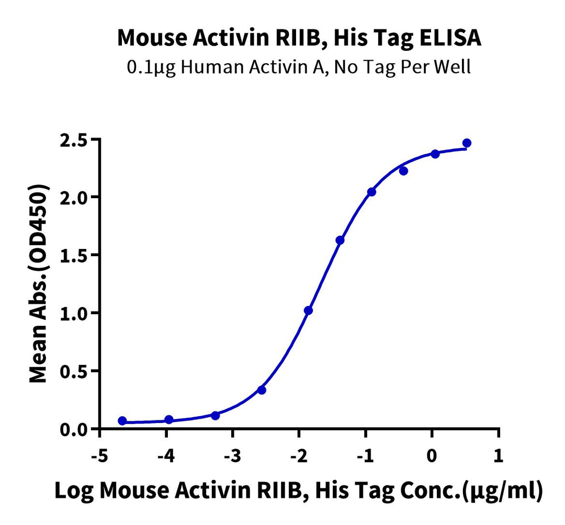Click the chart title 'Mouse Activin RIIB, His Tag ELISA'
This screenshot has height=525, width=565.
tap(299, 38)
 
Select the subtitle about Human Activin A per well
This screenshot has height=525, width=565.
tap(299, 69)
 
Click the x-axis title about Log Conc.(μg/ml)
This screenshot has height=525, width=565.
tap(299, 492)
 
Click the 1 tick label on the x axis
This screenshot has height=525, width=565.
tap(499, 455)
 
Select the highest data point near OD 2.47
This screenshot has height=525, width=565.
tap(467, 143)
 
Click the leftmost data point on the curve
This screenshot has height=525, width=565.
tap(122, 421)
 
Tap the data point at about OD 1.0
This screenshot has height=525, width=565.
tap(308, 311)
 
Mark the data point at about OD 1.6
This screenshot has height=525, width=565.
tap(340, 241)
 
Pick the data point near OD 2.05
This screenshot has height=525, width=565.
tap(371, 192)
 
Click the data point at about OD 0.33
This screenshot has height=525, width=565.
tap(262, 390)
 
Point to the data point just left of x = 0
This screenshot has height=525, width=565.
tap(403, 171)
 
